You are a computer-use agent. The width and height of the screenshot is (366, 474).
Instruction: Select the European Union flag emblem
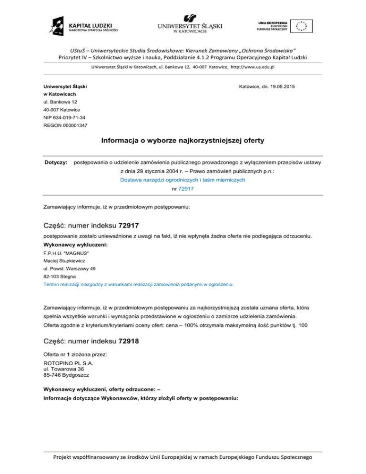(302, 25)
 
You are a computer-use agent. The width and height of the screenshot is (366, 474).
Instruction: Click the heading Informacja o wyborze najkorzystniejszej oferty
(183, 142)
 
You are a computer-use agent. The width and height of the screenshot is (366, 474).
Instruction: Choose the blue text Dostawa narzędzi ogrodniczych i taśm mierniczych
(183, 180)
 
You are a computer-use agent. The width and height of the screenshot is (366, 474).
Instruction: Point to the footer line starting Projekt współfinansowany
(183, 458)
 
